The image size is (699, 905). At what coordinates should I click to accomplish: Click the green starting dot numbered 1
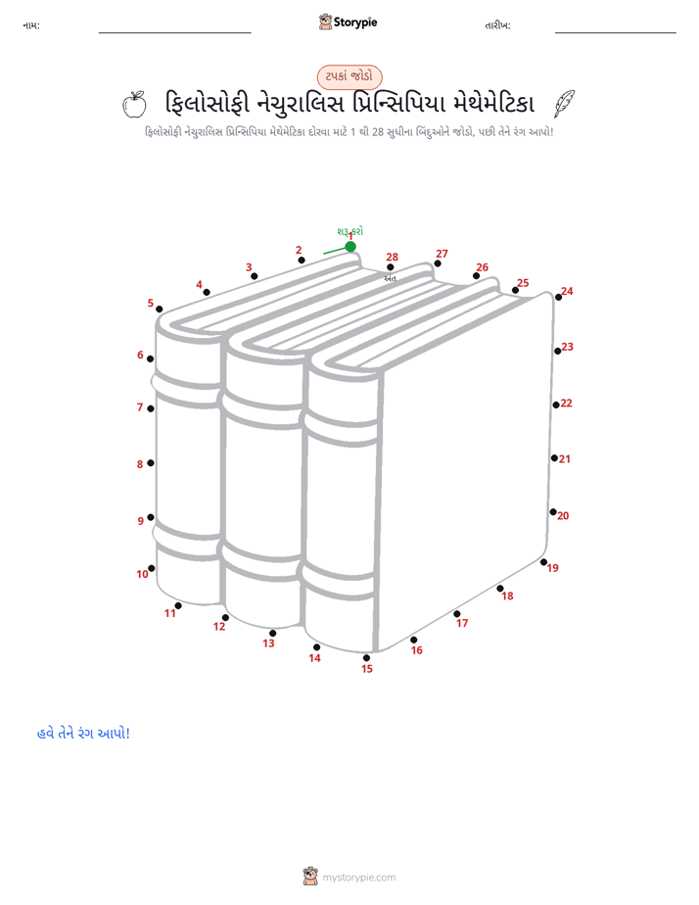point(350,247)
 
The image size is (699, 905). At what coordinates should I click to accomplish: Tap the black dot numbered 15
point(366,657)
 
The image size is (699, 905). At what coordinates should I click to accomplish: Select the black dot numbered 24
point(558,297)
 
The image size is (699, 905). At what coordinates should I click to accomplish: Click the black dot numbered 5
point(160,310)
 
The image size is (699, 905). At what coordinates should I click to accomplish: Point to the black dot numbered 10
point(151,568)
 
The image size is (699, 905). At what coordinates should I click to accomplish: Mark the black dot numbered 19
point(543,561)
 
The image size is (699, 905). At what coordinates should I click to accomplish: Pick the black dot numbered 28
point(391,267)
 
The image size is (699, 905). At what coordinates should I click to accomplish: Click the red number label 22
point(567,403)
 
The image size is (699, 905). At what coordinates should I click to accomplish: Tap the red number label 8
point(140,464)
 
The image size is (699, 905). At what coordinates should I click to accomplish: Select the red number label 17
point(462,623)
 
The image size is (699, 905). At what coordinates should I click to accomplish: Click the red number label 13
point(269,643)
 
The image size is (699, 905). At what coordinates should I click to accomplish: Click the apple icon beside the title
point(134,105)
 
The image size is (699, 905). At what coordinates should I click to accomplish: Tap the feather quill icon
point(565,104)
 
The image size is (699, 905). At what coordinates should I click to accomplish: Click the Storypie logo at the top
point(348,22)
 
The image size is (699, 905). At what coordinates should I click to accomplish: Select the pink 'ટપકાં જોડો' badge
point(349,76)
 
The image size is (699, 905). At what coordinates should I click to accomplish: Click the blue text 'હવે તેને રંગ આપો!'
point(83,733)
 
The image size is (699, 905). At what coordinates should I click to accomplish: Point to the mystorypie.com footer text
point(358,878)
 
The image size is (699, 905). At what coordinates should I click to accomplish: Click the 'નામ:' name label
point(31,25)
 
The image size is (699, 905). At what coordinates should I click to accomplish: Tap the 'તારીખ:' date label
point(497,25)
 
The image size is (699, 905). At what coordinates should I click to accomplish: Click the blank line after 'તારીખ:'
point(616,33)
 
